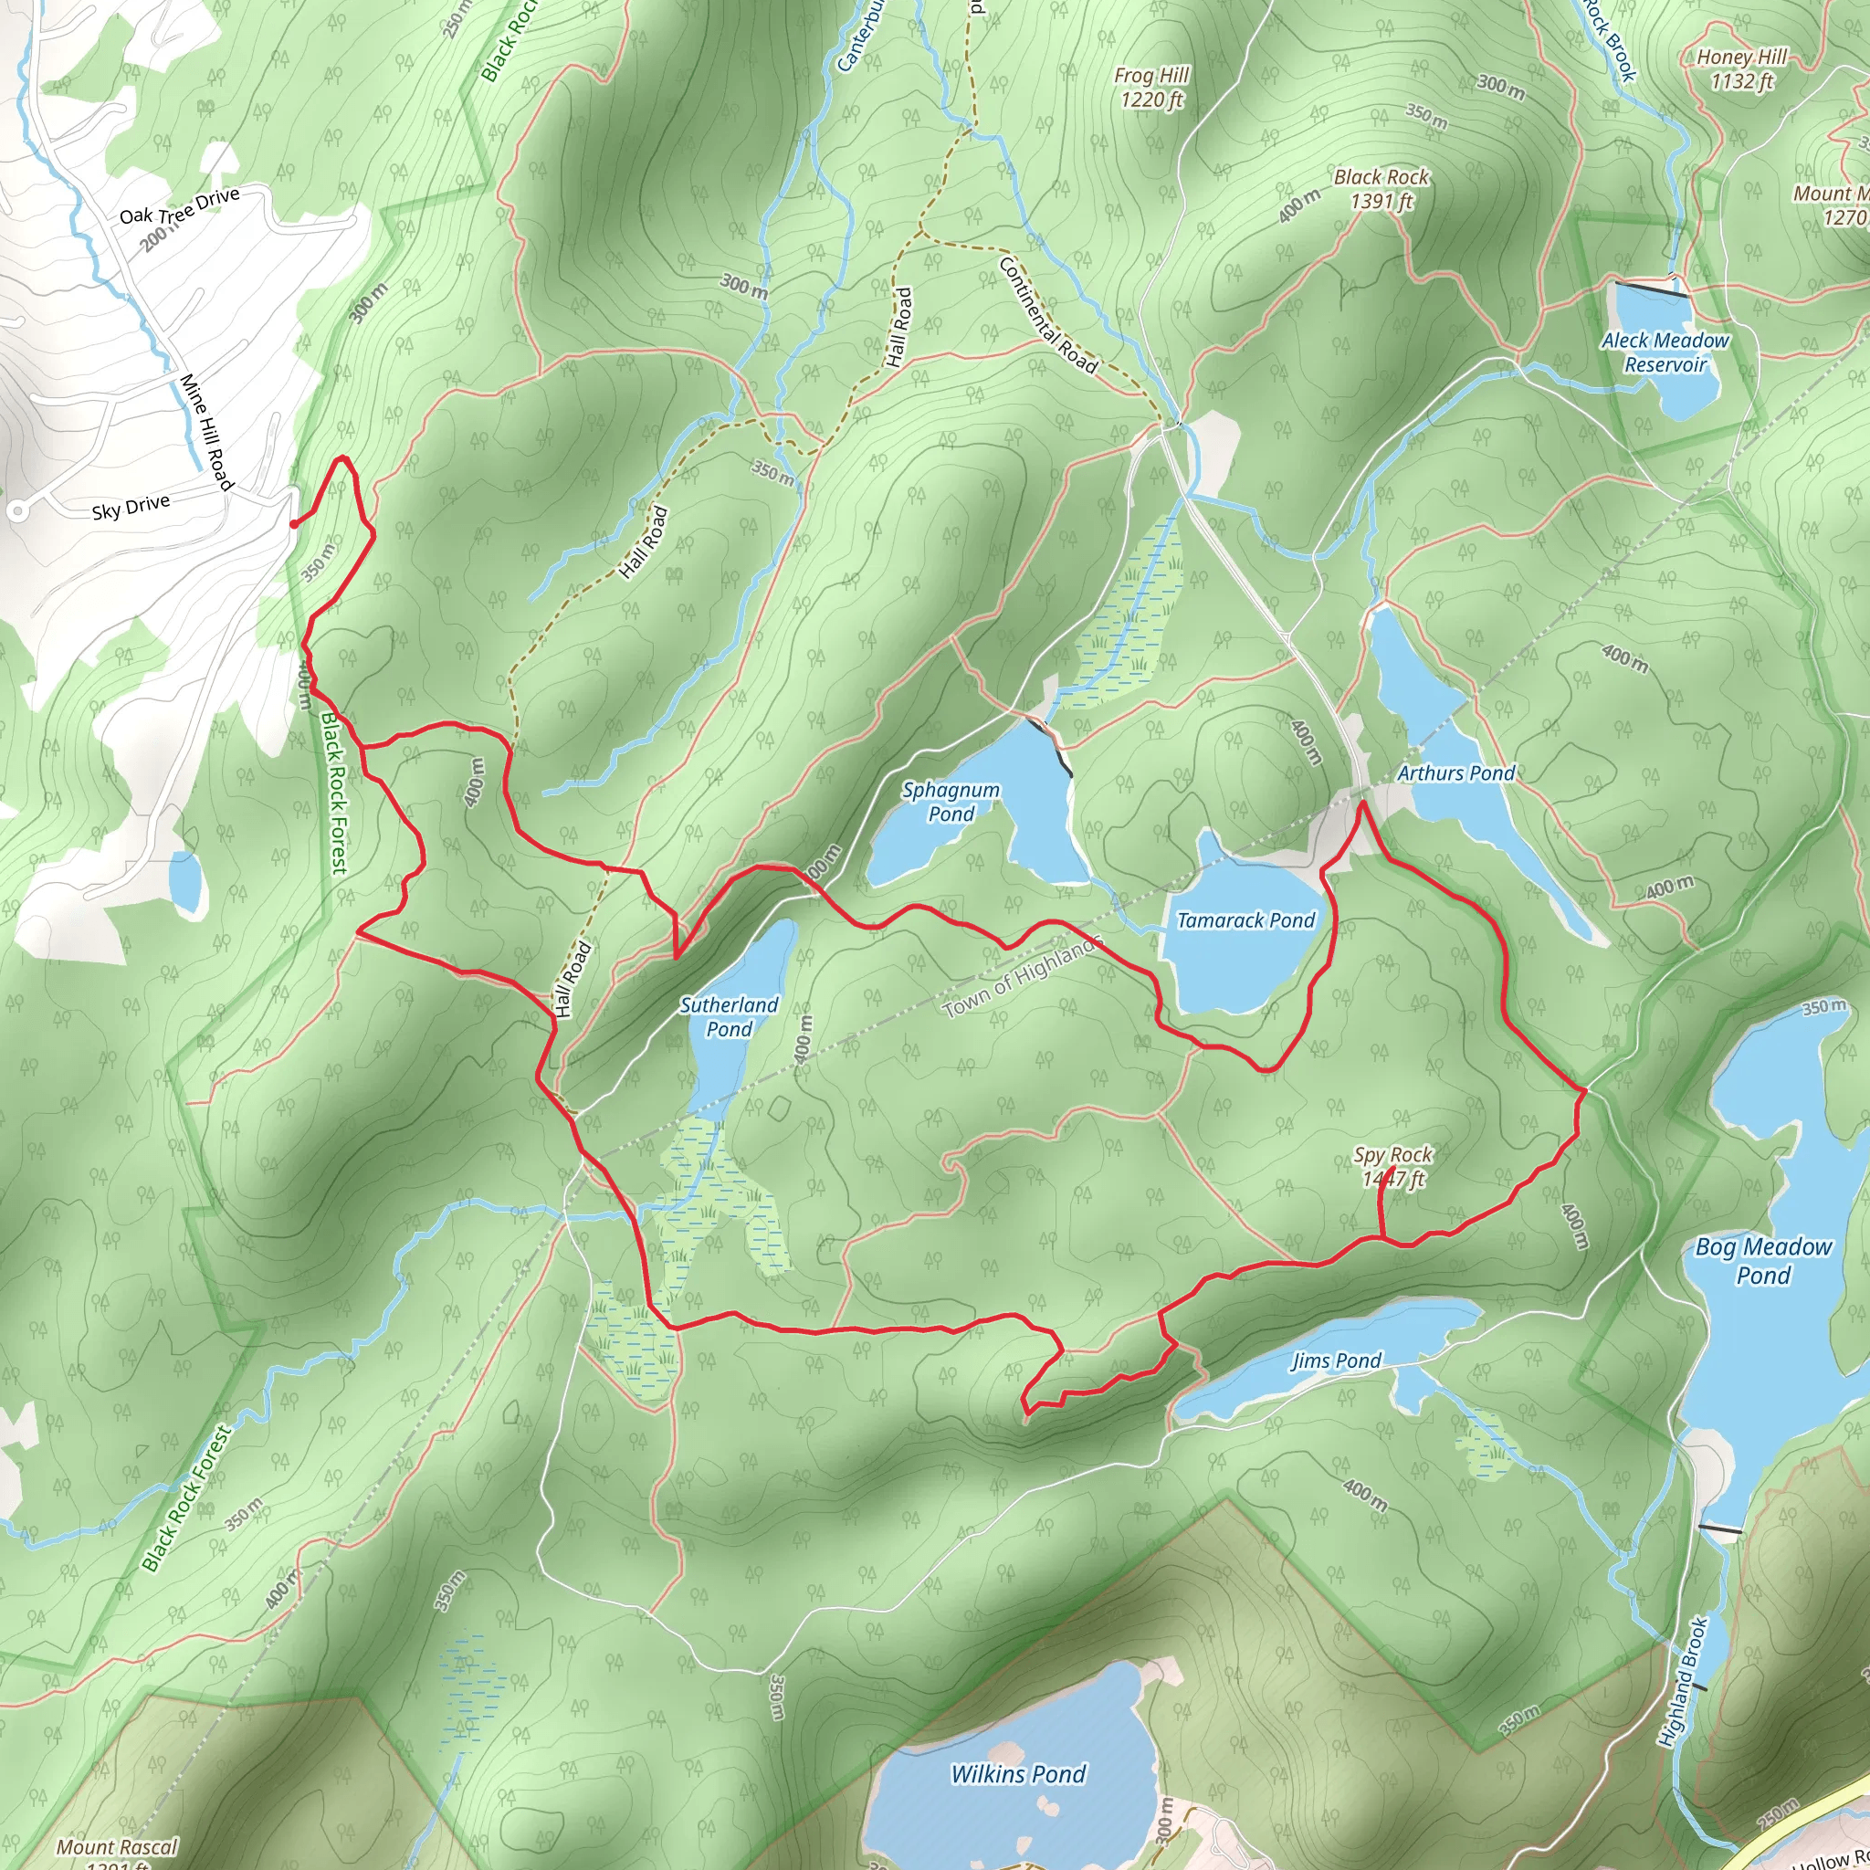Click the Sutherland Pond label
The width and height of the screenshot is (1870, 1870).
pos(729,1016)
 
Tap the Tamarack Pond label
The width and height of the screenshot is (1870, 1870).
pos(1245,920)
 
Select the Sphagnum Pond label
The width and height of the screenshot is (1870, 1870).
pos(951,802)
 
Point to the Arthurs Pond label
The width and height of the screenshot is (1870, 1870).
pos(1455,773)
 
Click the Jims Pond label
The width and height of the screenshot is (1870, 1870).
pos(1336,1360)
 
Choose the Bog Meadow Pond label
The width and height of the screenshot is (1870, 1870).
pos(1763,1260)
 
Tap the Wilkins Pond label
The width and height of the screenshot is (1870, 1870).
pos(1018,1774)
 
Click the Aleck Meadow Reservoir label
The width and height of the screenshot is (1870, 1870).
pos(1665,352)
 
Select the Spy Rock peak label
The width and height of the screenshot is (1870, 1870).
pos(1392,1166)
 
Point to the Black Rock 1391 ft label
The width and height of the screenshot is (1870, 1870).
pos(1381,189)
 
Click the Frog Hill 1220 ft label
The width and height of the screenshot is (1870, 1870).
pos(1151,87)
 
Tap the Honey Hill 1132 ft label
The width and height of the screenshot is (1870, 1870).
pos(1742,68)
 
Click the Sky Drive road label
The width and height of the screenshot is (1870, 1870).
pos(131,506)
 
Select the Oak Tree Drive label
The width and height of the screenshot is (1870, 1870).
pos(179,206)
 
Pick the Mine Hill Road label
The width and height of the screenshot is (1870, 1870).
pos(206,432)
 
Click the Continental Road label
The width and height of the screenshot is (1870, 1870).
pos(1048,316)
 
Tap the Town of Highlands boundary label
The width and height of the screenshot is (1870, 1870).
pos(1022,978)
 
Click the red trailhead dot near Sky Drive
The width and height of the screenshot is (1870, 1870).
pos(293,525)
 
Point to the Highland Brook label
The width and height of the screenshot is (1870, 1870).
pos(1683,1681)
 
